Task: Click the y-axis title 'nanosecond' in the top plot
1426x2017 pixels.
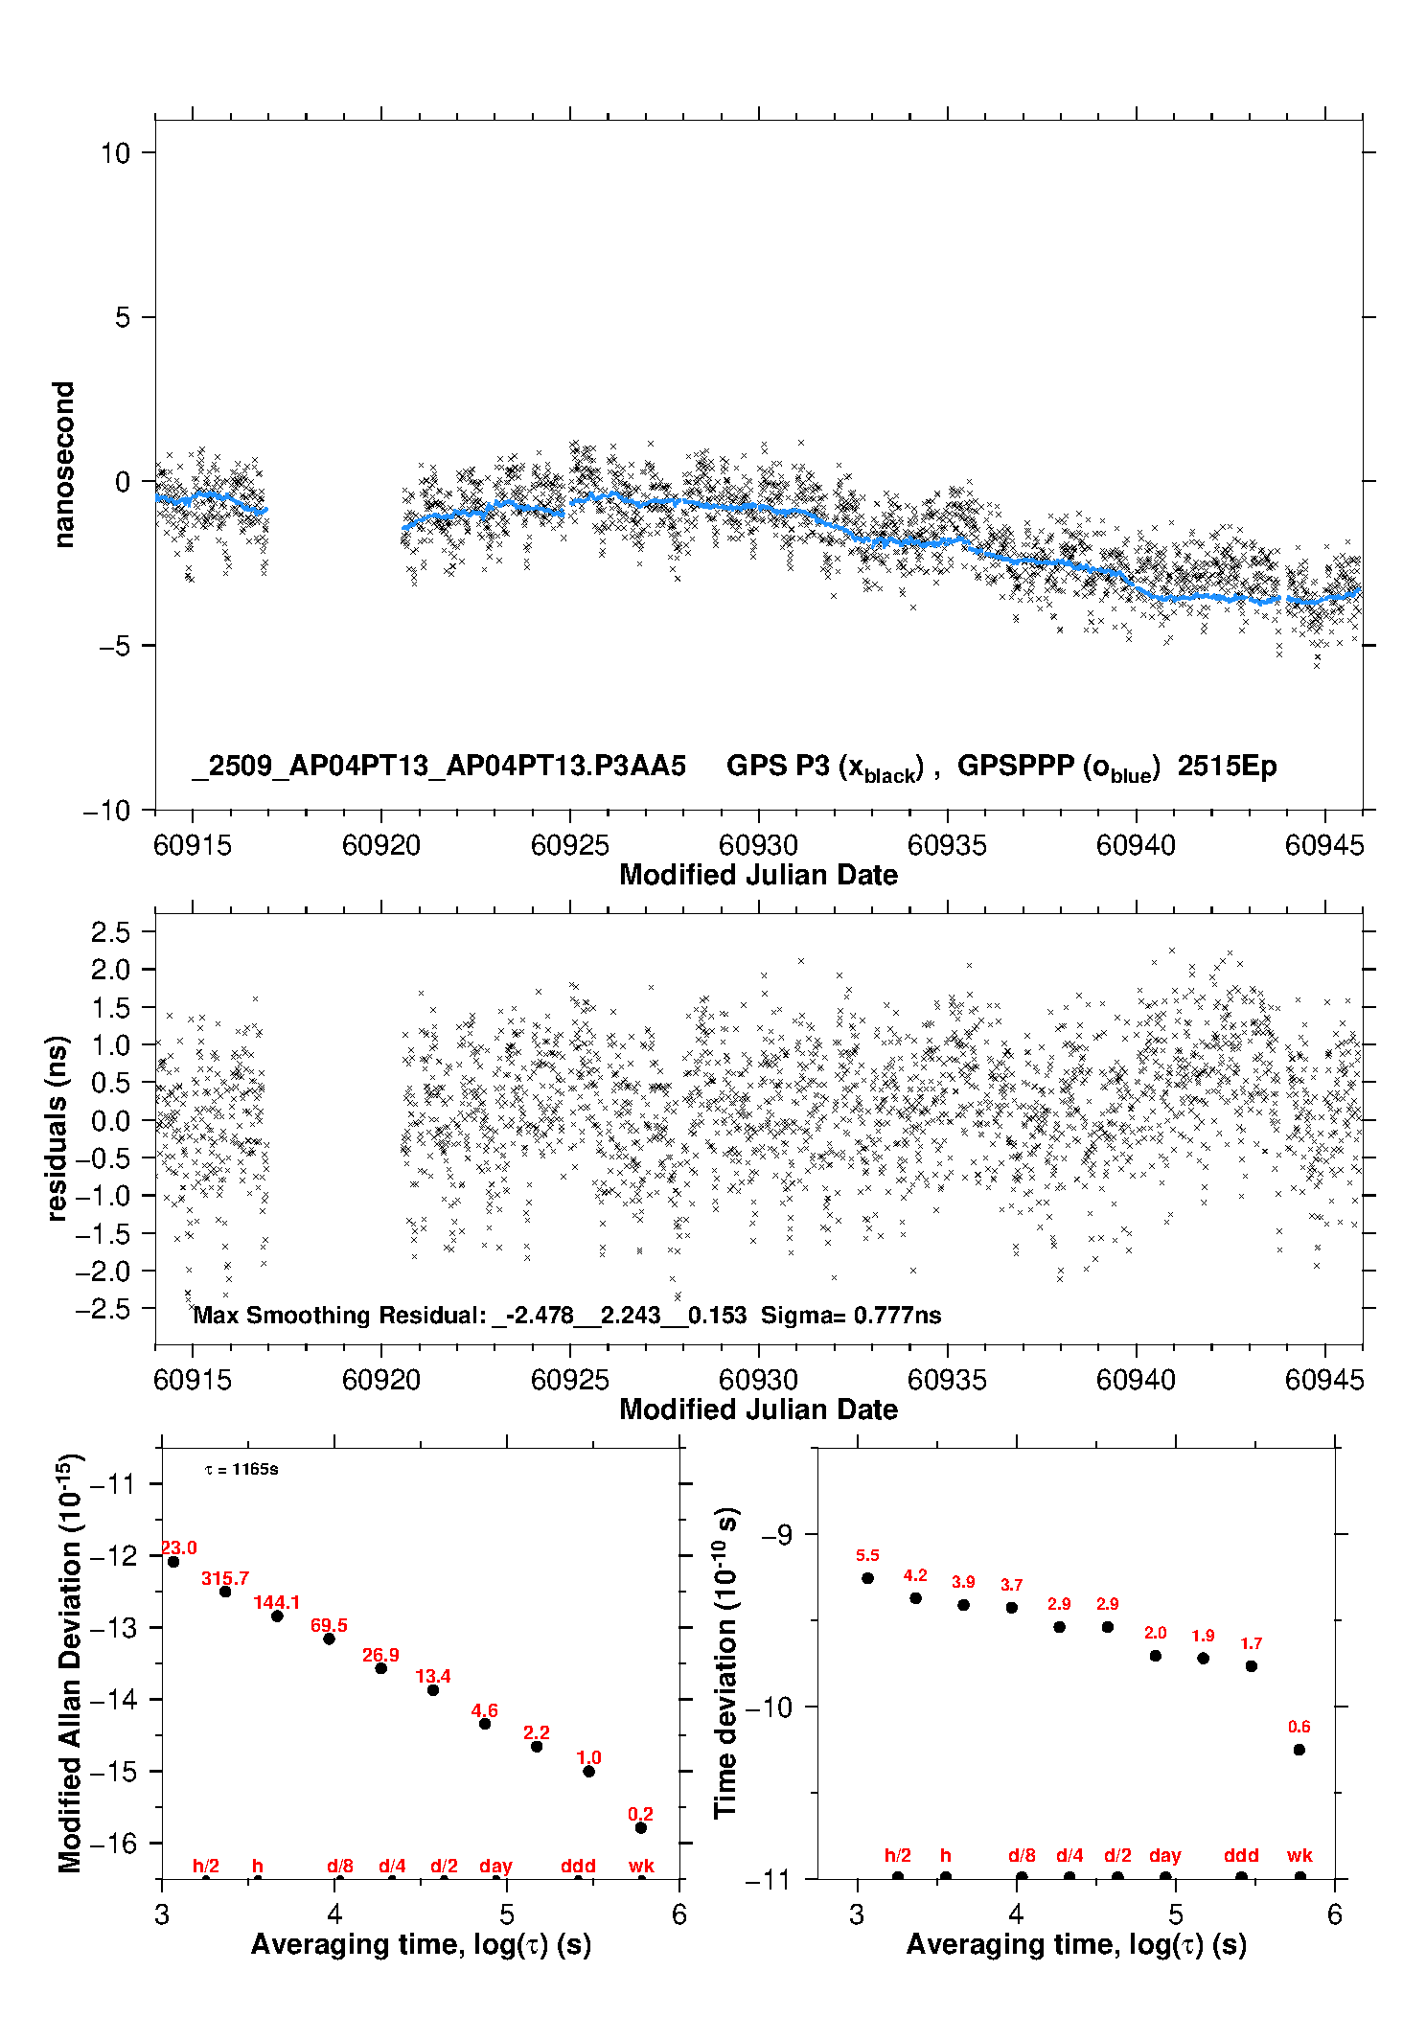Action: click(63, 465)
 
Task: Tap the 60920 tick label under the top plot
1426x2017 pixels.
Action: click(381, 845)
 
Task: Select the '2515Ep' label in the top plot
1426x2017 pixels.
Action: click(1227, 767)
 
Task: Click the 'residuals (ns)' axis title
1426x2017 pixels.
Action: click(57, 1128)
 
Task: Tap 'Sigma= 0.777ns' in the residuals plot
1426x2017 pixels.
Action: click(851, 1316)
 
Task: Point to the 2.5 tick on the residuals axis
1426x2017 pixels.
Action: click(110, 931)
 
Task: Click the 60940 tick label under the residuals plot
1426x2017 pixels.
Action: click(1136, 1380)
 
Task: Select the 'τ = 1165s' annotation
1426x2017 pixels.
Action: click(241, 1470)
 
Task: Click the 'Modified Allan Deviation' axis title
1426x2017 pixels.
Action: click(69, 1662)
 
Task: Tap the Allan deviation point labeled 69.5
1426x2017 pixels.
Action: click(329, 1639)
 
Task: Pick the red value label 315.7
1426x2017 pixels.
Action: click(225, 1578)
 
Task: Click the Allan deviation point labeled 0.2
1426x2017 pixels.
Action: click(641, 1827)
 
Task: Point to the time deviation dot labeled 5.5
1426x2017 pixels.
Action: click(867, 1578)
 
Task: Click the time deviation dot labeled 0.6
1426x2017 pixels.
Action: click(1299, 1750)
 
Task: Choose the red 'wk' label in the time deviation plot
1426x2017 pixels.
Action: click(1299, 1856)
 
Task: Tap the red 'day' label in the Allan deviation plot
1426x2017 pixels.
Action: click(495, 1866)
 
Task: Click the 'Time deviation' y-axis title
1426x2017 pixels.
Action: click(725, 1663)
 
